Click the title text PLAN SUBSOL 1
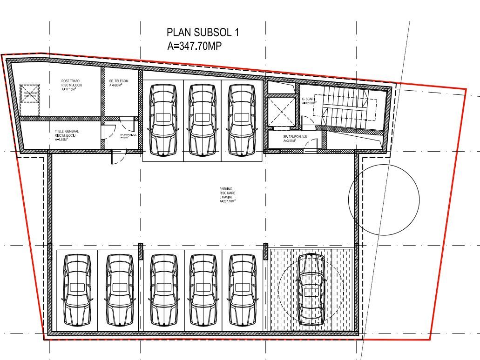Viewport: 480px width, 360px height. tap(203, 33)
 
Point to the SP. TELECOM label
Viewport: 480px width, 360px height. tap(119, 83)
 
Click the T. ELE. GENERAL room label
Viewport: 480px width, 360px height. tap(67, 135)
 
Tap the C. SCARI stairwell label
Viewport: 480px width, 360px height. tap(309, 101)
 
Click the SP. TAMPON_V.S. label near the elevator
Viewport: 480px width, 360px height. tap(296, 139)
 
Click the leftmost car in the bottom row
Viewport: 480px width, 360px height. tap(77, 289)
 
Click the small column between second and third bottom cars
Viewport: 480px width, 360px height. tap(140, 251)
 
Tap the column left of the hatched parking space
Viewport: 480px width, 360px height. tap(265, 251)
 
